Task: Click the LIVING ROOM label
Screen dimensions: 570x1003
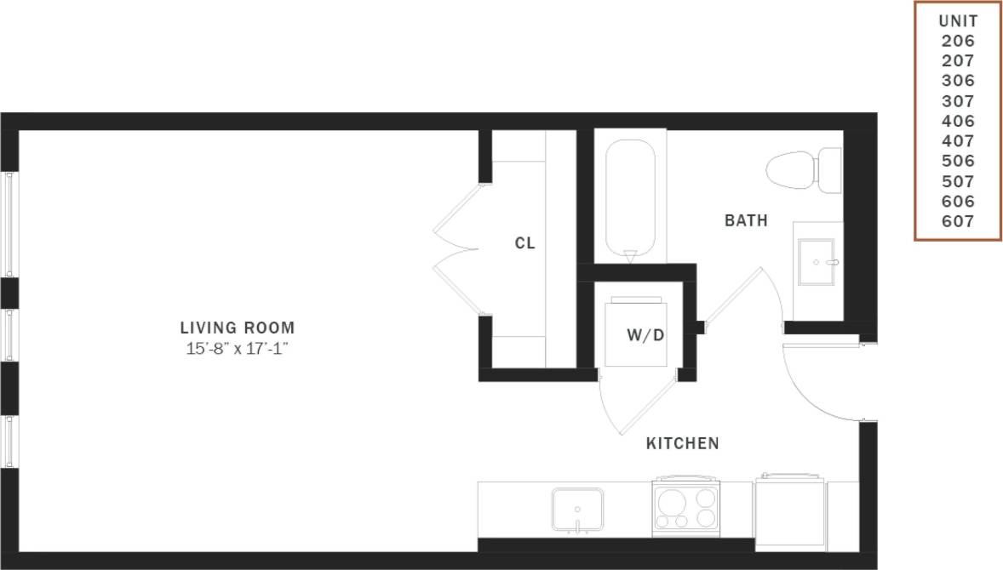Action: (x=238, y=327)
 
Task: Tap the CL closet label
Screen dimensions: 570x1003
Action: (x=524, y=243)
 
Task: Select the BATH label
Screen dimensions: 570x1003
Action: (x=746, y=221)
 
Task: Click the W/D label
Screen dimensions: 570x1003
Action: (x=645, y=334)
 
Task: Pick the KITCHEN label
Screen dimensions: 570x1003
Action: (x=682, y=443)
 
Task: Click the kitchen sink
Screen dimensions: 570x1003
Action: (x=577, y=509)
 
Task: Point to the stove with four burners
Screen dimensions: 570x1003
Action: (x=686, y=507)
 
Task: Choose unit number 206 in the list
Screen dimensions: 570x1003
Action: (x=958, y=41)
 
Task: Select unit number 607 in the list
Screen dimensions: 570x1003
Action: (x=958, y=222)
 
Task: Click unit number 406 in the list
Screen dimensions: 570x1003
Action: (x=958, y=122)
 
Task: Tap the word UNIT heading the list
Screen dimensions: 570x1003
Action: (x=958, y=21)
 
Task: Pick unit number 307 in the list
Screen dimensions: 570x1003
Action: (x=958, y=101)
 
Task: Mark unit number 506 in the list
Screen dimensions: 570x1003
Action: (x=958, y=162)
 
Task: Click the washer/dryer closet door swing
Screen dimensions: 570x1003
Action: (x=634, y=404)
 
